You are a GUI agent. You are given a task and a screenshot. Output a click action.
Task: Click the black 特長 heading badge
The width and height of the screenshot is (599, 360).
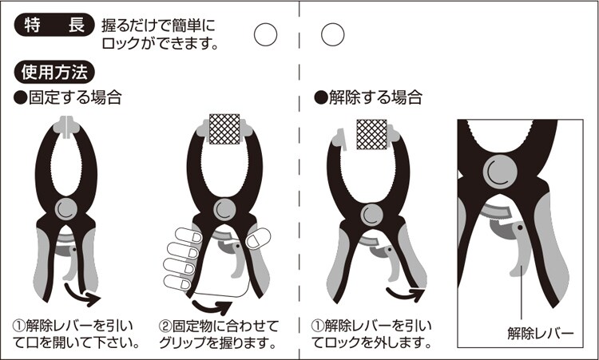[54, 25]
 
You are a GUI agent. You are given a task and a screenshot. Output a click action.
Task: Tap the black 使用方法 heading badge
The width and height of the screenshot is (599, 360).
[54, 72]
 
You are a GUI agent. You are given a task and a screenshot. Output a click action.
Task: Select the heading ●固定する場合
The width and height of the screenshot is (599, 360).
[68, 97]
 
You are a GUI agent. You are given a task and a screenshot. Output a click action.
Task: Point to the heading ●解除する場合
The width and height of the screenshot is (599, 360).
[368, 97]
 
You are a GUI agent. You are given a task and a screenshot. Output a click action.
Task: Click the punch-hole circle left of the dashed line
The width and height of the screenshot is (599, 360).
[265, 35]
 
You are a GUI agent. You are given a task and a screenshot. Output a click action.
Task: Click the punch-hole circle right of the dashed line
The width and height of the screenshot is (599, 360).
[333, 35]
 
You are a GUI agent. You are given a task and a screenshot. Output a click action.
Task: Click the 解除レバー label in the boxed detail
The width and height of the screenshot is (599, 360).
[541, 334]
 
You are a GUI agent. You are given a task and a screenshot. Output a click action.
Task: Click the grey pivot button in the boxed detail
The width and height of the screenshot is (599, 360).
[501, 172]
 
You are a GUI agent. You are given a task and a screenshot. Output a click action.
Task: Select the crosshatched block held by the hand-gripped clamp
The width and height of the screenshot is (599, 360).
[224, 129]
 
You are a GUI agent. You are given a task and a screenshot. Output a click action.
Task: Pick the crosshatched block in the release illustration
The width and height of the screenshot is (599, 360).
[371, 134]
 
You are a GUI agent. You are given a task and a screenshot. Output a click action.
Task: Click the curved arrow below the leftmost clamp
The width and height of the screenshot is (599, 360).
[82, 295]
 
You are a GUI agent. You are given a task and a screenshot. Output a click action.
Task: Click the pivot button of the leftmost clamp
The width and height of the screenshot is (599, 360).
[66, 209]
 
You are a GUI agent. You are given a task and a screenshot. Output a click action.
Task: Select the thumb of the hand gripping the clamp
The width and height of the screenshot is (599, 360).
[258, 239]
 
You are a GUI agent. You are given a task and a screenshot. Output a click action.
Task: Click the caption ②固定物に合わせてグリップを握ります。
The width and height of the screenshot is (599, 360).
[218, 334]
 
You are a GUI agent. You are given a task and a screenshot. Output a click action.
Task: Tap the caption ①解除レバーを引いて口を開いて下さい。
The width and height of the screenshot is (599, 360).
[77, 334]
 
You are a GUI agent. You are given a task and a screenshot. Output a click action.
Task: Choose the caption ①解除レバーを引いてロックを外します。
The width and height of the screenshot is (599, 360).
[371, 334]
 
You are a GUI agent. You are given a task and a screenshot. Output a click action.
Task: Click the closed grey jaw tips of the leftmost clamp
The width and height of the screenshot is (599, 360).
[67, 125]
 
